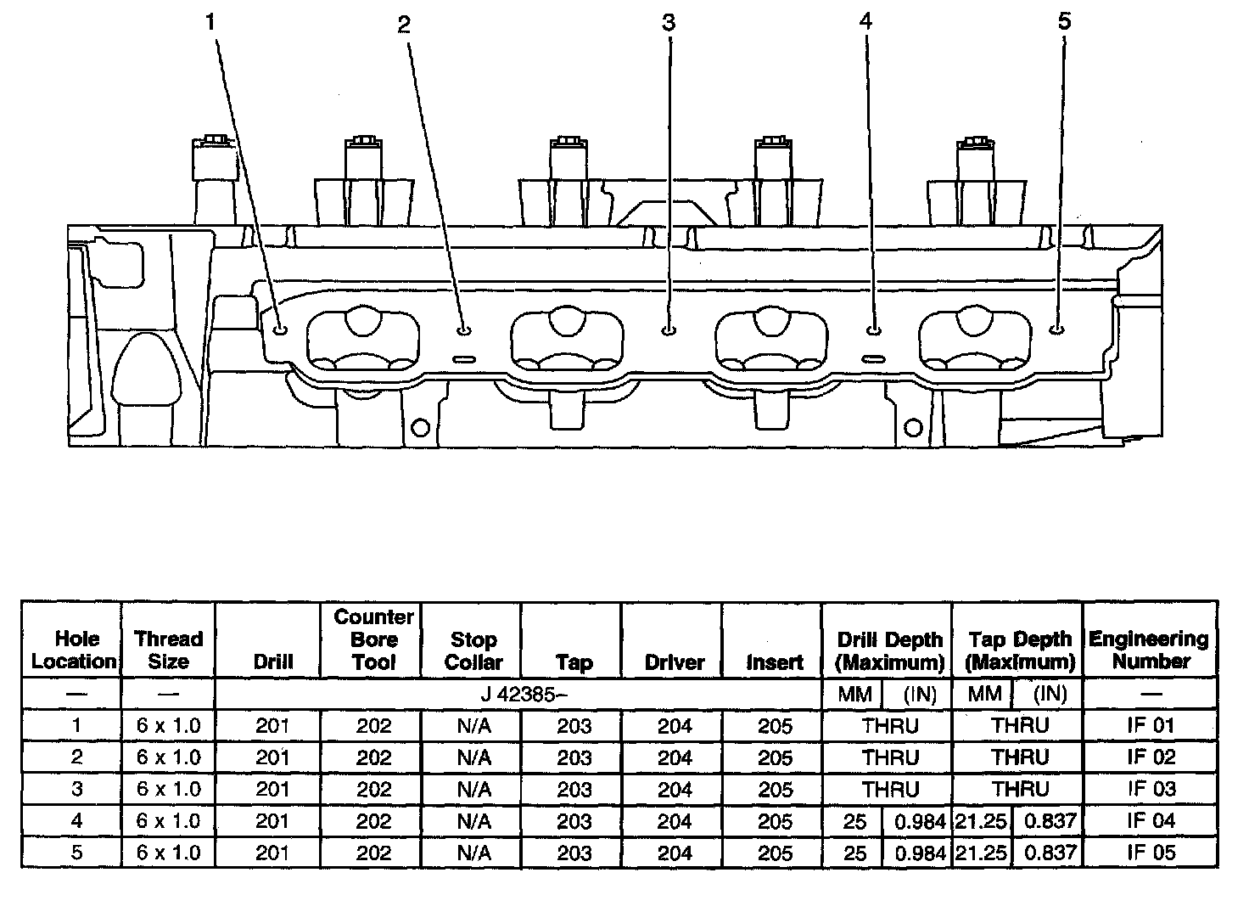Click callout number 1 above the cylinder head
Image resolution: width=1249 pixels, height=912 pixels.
pos(210,23)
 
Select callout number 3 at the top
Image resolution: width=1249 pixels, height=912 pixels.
pos(669,23)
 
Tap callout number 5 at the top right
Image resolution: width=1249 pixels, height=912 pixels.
pos(1065,21)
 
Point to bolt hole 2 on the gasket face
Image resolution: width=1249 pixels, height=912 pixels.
pos(463,329)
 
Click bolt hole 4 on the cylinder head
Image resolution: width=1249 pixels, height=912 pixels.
pos(875,328)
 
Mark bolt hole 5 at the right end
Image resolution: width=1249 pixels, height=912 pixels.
pos(1056,328)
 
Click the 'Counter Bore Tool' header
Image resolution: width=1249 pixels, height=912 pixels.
pos(373,639)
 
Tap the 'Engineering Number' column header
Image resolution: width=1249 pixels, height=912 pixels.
pos(1149,650)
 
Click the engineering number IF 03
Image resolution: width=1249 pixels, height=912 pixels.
pos(1151,789)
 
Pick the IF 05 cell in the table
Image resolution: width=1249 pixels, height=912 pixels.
pos(1151,853)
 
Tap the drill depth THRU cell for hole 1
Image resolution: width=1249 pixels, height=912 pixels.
pos(890,726)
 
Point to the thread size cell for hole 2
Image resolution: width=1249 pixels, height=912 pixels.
pos(168,757)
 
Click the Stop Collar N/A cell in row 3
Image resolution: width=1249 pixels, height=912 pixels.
pos(473,790)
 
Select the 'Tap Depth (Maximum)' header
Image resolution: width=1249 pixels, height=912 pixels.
pos(1020,650)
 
